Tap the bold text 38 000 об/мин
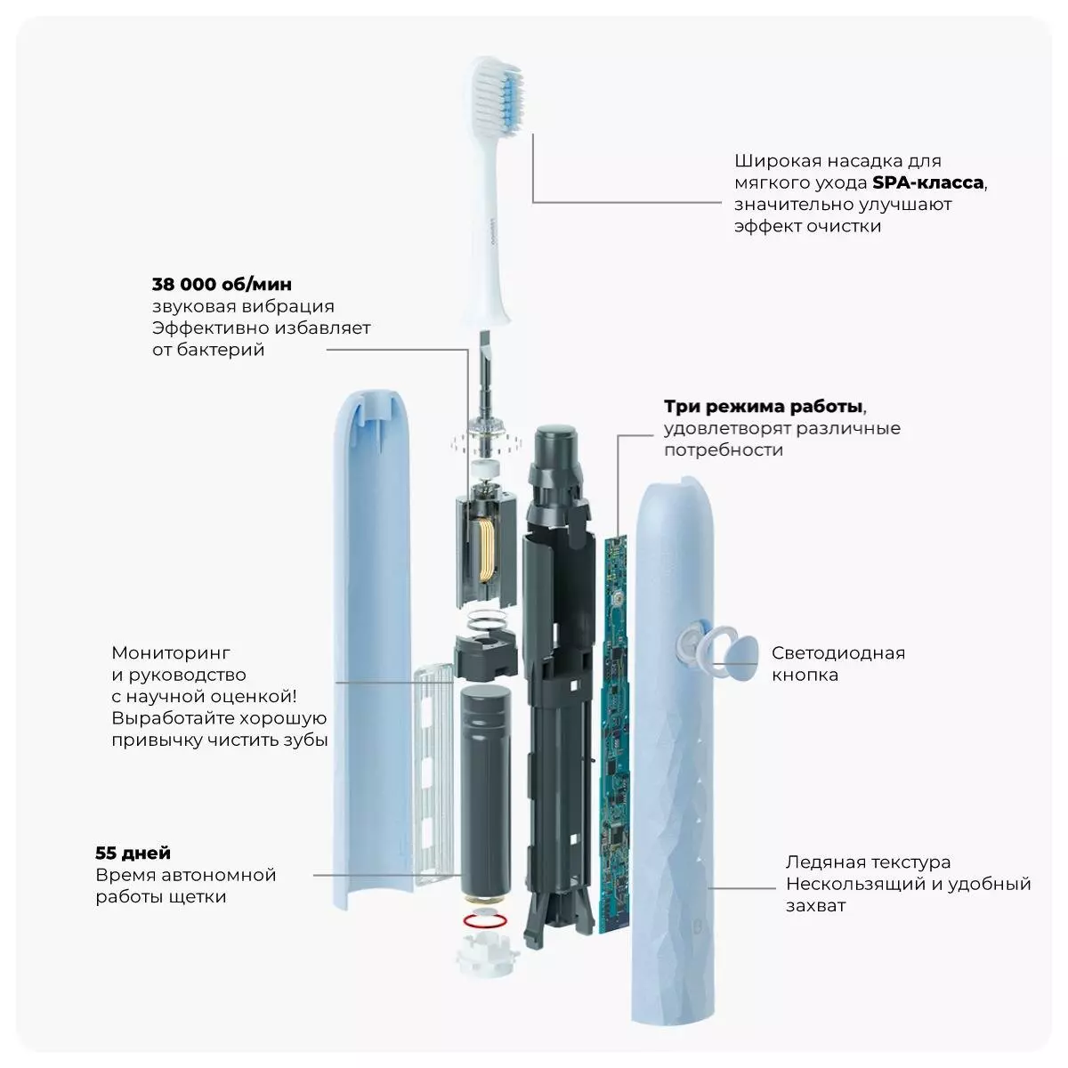click(222, 284)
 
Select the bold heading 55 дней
click(133, 853)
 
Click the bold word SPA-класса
click(927, 182)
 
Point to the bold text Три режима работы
click(763, 406)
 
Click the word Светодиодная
click(838, 653)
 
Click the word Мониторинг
click(171, 653)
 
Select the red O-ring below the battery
click(485, 920)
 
